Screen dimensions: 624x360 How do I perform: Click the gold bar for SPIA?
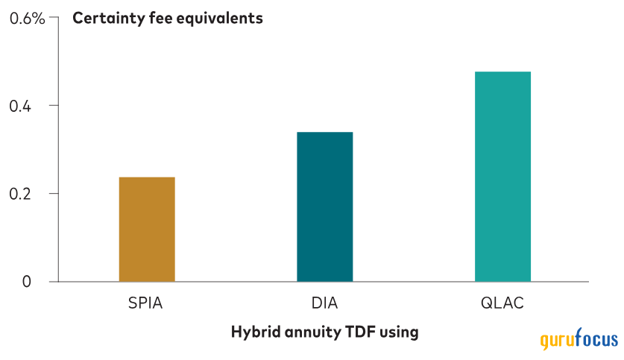[x=147, y=230]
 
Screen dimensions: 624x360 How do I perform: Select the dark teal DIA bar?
[x=325, y=207]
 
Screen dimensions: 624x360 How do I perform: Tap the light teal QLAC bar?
[x=502, y=177]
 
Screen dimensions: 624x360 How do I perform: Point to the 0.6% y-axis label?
[x=27, y=19]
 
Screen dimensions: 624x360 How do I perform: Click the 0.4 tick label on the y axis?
[x=20, y=106]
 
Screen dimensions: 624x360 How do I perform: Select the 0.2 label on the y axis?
[x=20, y=194]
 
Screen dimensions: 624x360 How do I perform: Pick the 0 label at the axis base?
[x=26, y=282]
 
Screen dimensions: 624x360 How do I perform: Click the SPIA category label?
[x=145, y=303]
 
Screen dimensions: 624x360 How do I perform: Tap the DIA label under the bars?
[x=325, y=303]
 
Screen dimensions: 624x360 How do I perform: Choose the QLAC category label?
[x=502, y=303]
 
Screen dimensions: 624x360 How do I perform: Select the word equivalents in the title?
[x=220, y=19]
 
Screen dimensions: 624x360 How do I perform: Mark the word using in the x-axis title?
[x=399, y=332]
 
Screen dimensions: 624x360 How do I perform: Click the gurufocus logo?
[x=579, y=339]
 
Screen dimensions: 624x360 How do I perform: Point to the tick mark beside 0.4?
[x=54, y=105]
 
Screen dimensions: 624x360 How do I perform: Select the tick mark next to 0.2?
[x=54, y=193]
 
